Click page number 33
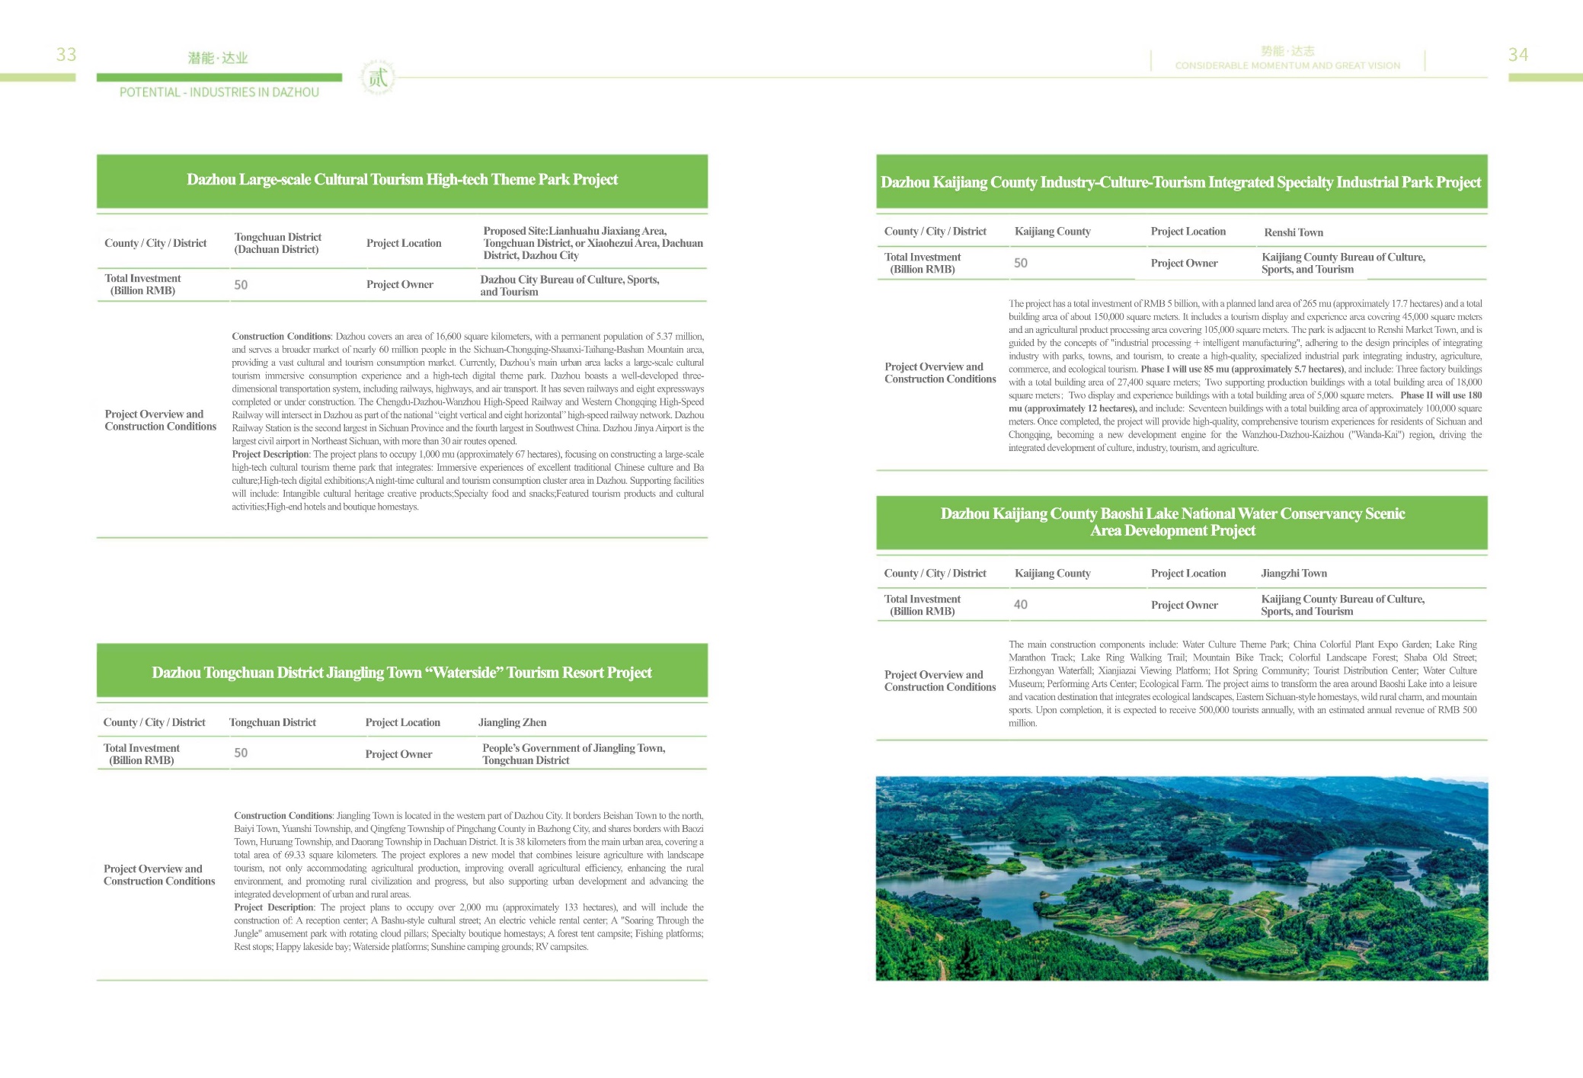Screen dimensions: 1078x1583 tap(66, 55)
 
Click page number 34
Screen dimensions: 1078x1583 tap(1517, 55)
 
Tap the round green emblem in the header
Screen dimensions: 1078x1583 tap(378, 77)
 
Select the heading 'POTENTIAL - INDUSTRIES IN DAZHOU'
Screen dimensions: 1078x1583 tap(219, 92)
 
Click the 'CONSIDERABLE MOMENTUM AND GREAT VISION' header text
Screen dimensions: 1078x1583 tap(1287, 66)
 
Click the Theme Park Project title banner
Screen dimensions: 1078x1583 tap(402, 180)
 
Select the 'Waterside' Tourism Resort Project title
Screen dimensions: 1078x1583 tap(401, 673)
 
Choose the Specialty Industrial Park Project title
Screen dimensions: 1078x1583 tap(1181, 182)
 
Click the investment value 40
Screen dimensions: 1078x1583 tap(1020, 605)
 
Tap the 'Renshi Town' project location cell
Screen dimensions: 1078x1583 tap(1294, 232)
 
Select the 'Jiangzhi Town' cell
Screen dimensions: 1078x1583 tap(1294, 574)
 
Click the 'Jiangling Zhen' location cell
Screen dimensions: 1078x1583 tap(512, 722)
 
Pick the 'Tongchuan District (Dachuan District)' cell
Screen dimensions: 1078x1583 tap(277, 243)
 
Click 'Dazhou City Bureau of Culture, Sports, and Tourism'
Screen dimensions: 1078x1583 tap(569, 286)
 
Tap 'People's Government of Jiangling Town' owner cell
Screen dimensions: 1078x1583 tap(573, 754)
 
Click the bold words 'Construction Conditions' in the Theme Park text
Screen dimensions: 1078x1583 tap(281, 337)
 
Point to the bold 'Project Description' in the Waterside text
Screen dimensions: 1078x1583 tap(273, 907)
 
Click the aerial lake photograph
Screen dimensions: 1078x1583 tap(1182, 878)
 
